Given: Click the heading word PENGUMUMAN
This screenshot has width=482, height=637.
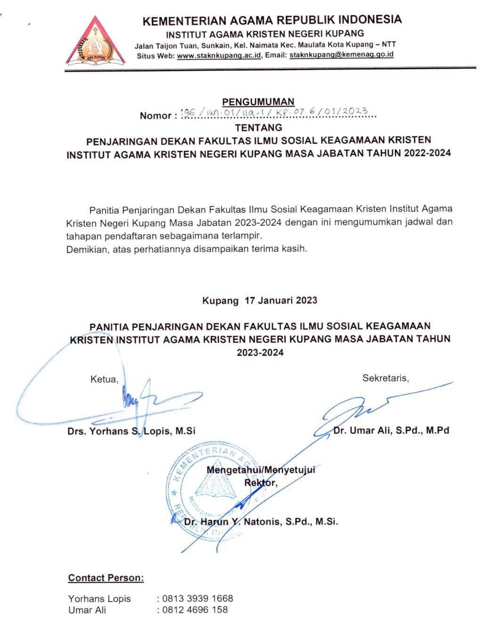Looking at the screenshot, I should pyautogui.click(x=258, y=102).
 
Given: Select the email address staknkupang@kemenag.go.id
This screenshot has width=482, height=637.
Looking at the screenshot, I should pyautogui.click(x=341, y=55).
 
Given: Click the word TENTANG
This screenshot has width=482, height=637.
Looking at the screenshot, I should pyautogui.click(x=258, y=127).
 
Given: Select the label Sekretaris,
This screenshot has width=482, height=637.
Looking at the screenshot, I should pyautogui.click(x=385, y=378).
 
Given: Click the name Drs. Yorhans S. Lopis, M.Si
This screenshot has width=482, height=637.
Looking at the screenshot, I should pyautogui.click(x=131, y=431).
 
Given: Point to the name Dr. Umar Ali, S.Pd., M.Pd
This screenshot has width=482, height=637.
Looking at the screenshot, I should pyautogui.click(x=391, y=430).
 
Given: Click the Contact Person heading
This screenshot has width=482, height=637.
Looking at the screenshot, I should pyautogui.click(x=106, y=578).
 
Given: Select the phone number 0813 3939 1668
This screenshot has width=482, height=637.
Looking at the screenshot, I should pyautogui.click(x=197, y=599).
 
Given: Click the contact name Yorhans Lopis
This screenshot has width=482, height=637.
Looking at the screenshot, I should pyautogui.click(x=99, y=599).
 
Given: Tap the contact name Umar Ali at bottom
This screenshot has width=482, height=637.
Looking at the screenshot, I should pyautogui.click(x=87, y=610).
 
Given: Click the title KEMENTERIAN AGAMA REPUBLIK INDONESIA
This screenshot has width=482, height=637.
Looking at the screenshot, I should pyautogui.click(x=272, y=20).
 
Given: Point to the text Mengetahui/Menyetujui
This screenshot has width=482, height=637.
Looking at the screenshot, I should pyautogui.click(x=261, y=470).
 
